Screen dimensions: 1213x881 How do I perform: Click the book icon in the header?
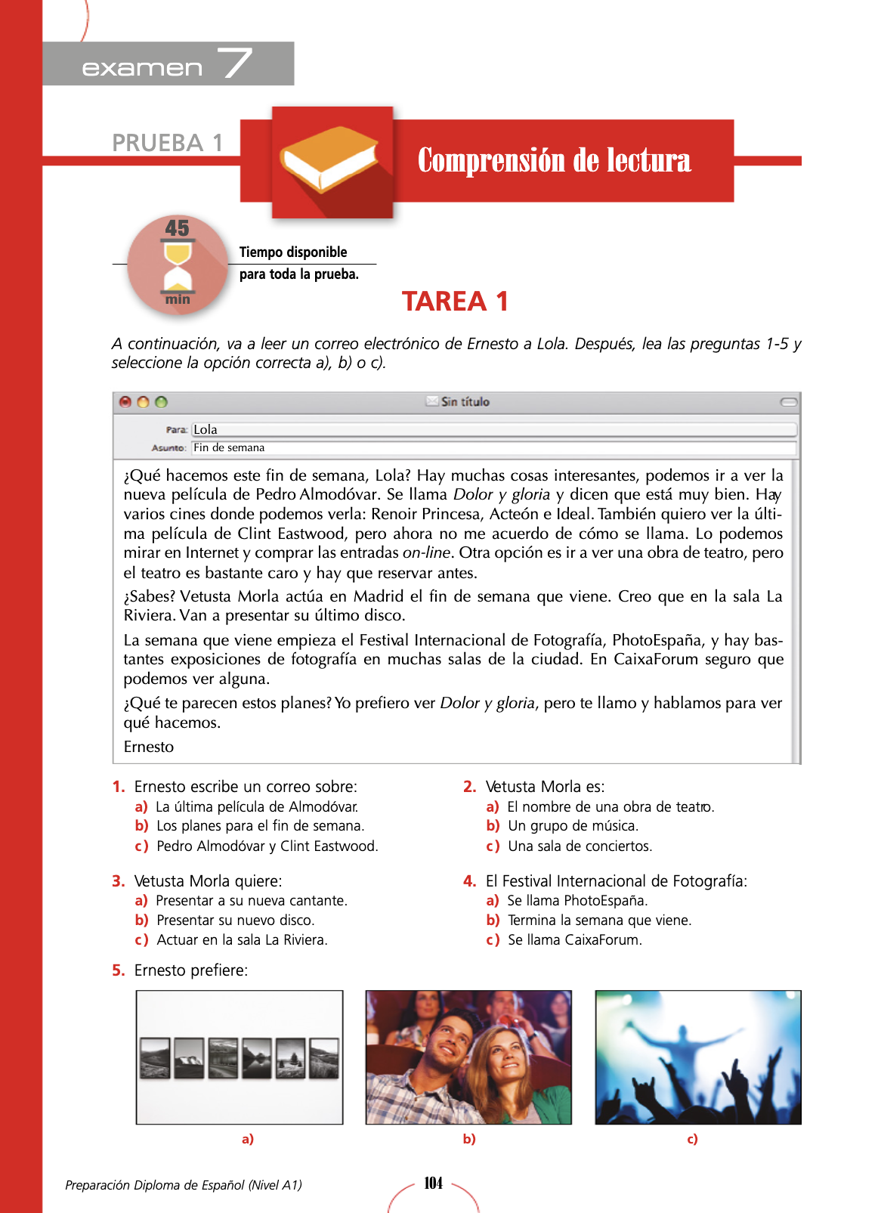pyautogui.click(x=329, y=159)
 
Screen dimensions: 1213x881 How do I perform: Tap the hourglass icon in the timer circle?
pyautogui.click(x=178, y=266)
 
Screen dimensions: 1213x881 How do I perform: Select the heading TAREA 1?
pyautogui.click(x=455, y=302)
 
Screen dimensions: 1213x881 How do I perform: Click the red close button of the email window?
pyautogui.click(x=125, y=402)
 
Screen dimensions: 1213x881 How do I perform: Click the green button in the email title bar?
pyautogui.click(x=161, y=402)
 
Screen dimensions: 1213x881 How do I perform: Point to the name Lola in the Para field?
pyautogui.click(x=206, y=429)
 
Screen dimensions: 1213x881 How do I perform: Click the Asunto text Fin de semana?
pyautogui.click(x=229, y=447)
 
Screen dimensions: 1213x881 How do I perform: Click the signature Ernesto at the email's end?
pyautogui.click(x=149, y=747)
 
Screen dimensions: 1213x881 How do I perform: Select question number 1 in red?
pyautogui.click(x=118, y=787)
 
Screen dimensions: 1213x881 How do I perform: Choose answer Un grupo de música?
pyautogui.click(x=573, y=826)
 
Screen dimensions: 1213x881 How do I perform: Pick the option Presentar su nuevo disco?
pyautogui.click(x=235, y=921)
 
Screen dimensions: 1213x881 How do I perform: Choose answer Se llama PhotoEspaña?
pyautogui.click(x=577, y=901)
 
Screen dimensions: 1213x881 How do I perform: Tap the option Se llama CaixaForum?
pyautogui.click(x=574, y=940)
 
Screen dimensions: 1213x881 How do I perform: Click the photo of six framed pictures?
pyautogui.click(x=240, y=1057)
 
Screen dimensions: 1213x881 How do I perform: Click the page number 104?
pyautogui.click(x=434, y=1184)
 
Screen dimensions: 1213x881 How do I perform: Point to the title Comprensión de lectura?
pyautogui.click(x=554, y=160)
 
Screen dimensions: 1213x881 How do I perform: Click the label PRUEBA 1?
pyautogui.click(x=167, y=143)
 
